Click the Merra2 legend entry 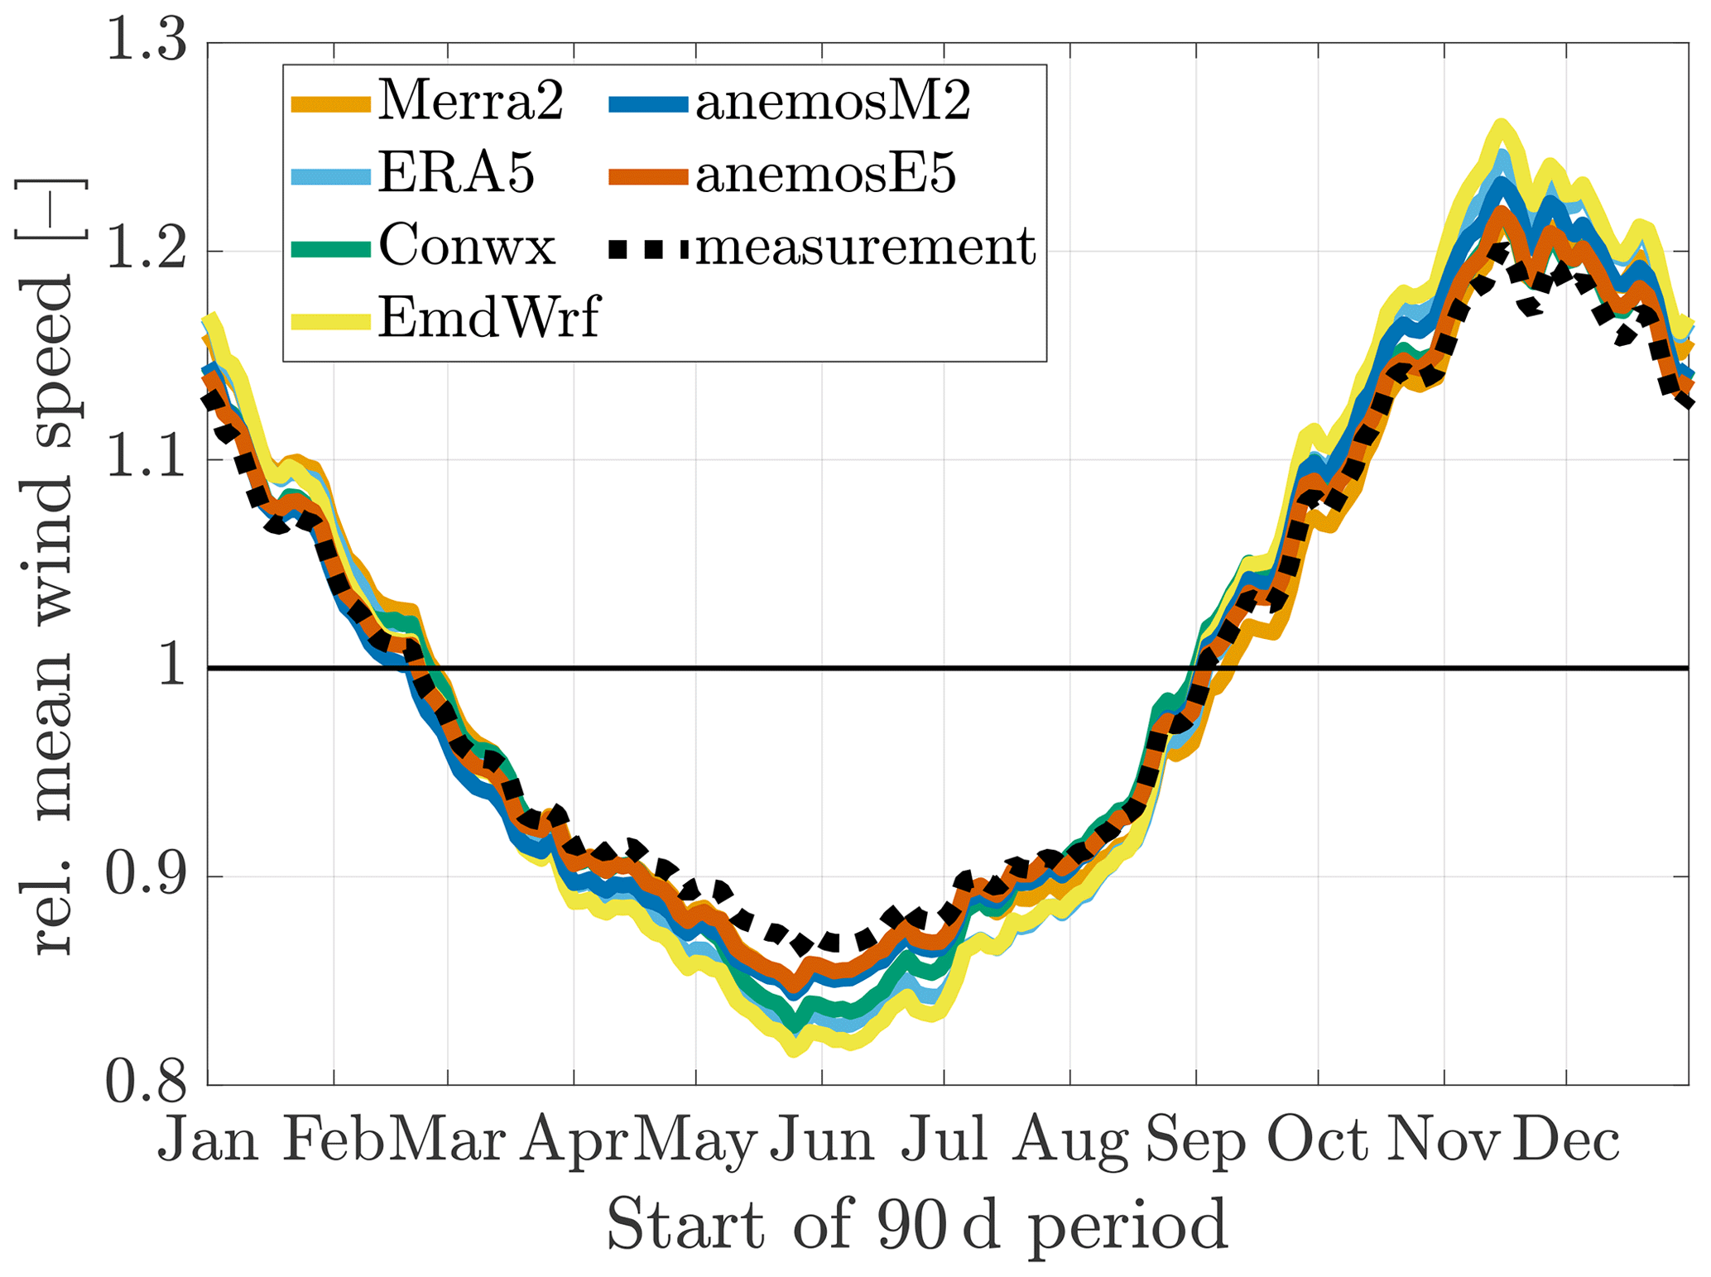[x=470, y=103]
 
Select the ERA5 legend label [x=456, y=174]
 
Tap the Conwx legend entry [x=467, y=246]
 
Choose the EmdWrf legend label [x=488, y=318]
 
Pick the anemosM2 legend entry [x=833, y=103]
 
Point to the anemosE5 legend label [x=825, y=174]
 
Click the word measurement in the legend [x=865, y=246]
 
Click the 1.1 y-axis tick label [x=147, y=459]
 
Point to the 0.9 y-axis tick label [x=147, y=876]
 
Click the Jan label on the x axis [x=208, y=1140]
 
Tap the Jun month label [x=822, y=1140]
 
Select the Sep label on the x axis [x=1195, y=1140]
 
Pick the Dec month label [x=1566, y=1140]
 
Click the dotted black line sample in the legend [x=648, y=247]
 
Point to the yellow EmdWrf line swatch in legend [x=330, y=320]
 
